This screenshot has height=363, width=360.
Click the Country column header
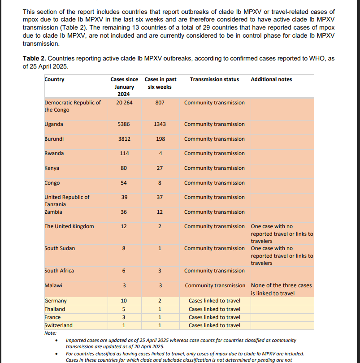[54, 79]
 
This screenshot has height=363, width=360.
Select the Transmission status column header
[214, 79]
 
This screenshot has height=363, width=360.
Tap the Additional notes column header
[271, 79]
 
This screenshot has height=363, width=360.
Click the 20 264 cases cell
[124, 103]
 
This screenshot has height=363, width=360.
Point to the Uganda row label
[54, 124]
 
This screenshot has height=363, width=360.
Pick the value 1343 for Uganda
[160, 124]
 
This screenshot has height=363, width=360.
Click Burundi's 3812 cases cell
[124, 139]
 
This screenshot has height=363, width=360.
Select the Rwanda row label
[54, 153]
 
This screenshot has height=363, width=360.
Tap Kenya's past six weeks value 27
[160, 168]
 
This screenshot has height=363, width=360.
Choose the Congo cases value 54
[124, 183]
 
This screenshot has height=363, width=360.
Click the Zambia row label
[53, 212]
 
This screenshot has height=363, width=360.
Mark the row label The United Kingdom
[69, 226]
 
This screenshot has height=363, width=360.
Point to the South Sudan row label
[60, 248]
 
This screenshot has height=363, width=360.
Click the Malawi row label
[53, 285]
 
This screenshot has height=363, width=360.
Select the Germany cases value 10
[124, 301]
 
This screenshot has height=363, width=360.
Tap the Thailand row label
[55, 309]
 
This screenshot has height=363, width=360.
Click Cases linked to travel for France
[214, 317]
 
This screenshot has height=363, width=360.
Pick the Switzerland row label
[58, 325]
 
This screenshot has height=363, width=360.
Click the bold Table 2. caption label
[34, 58]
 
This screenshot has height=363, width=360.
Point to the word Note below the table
[50, 333]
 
